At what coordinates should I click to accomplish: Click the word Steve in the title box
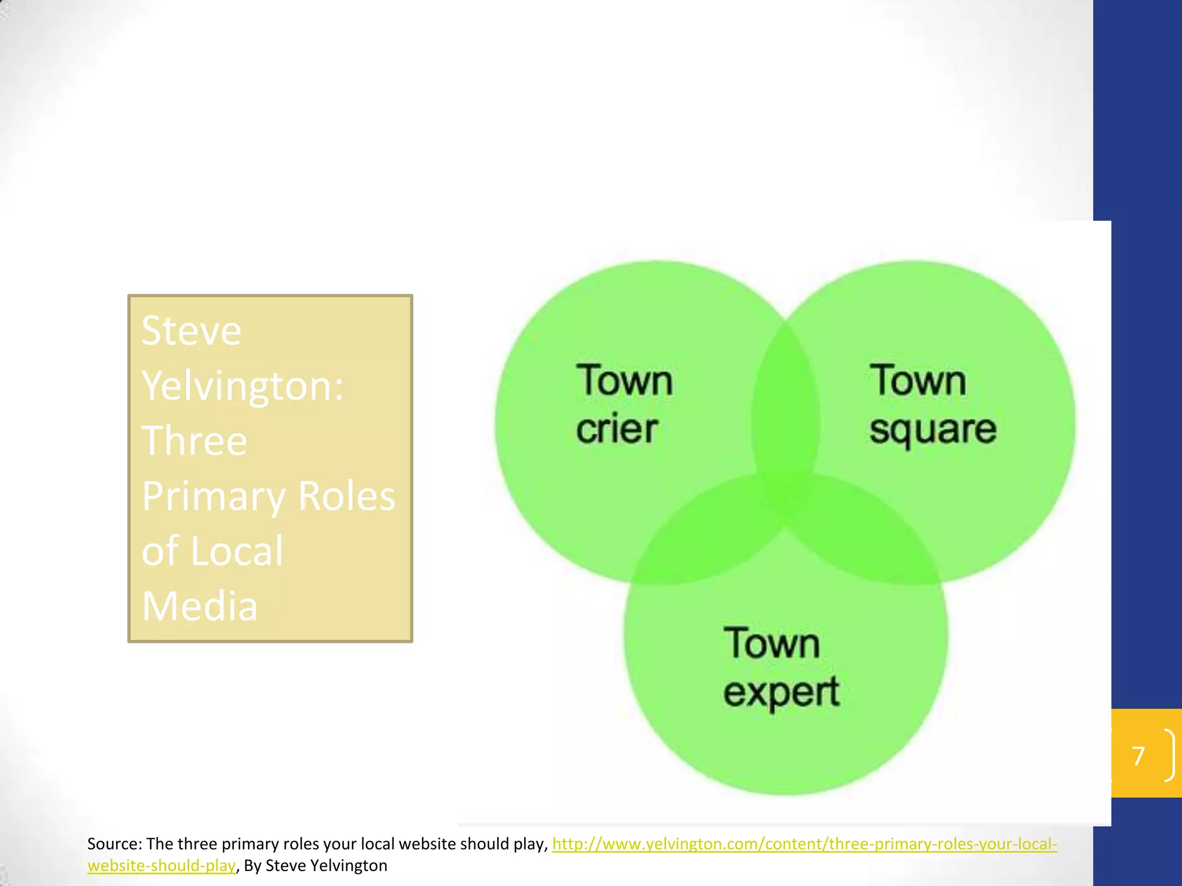(x=191, y=331)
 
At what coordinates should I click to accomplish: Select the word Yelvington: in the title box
(x=242, y=386)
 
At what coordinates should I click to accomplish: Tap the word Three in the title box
(x=194, y=441)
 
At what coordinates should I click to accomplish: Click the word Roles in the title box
(x=347, y=495)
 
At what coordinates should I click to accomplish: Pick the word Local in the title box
(x=237, y=551)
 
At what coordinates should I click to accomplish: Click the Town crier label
(x=623, y=404)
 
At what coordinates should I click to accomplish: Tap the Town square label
(x=932, y=404)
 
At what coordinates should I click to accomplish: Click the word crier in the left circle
(x=616, y=430)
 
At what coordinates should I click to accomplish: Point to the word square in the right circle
(x=933, y=430)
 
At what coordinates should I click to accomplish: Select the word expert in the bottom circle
(x=781, y=692)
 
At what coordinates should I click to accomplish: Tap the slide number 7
(x=1138, y=756)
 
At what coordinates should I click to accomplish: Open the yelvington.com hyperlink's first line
(x=804, y=844)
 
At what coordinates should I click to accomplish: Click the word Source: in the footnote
(x=114, y=844)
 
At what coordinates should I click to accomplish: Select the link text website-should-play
(x=162, y=866)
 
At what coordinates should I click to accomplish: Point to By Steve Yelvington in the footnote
(x=315, y=866)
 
